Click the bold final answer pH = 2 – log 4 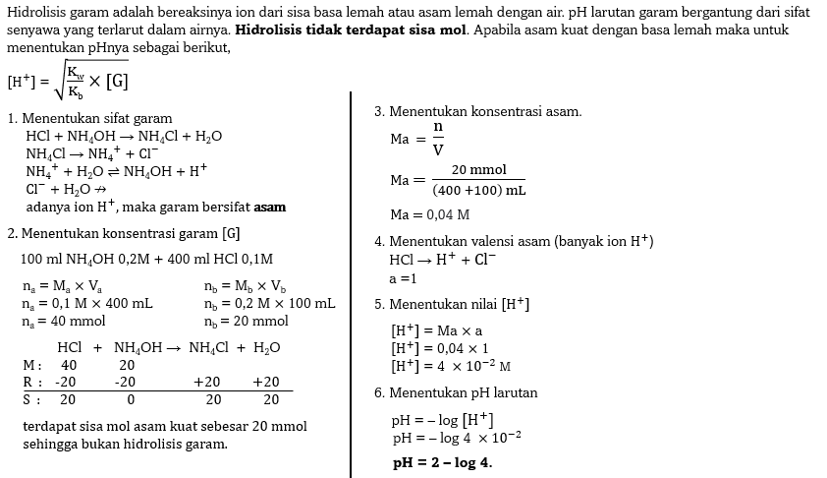[x=442, y=462]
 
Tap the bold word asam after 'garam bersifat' [x=270, y=208]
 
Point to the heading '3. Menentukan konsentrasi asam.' [x=477, y=111]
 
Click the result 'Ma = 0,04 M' [x=429, y=214]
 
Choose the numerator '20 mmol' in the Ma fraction [x=479, y=170]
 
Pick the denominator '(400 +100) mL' [x=479, y=190]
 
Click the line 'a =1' [x=403, y=278]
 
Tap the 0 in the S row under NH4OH [x=130, y=399]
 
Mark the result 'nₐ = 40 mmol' [x=64, y=321]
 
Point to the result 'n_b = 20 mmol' [x=247, y=321]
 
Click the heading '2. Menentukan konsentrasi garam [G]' [x=123, y=233]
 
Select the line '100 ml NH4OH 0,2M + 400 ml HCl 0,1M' [x=146, y=259]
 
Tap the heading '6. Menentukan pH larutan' [x=456, y=392]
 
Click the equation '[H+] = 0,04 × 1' [x=439, y=348]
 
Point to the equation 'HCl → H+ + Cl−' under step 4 [x=442, y=260]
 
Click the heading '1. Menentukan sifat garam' [x=89, y=118]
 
